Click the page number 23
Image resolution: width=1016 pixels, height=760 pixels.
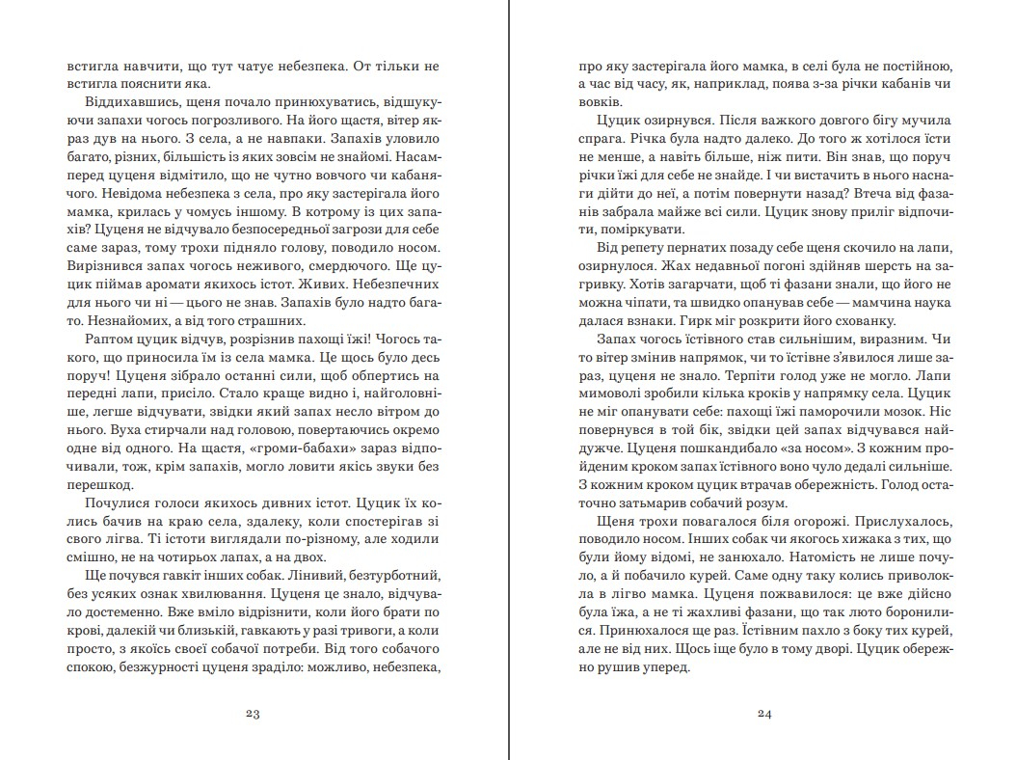(x=254, y=714)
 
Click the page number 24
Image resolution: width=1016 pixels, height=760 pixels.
(x=766, y=714)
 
